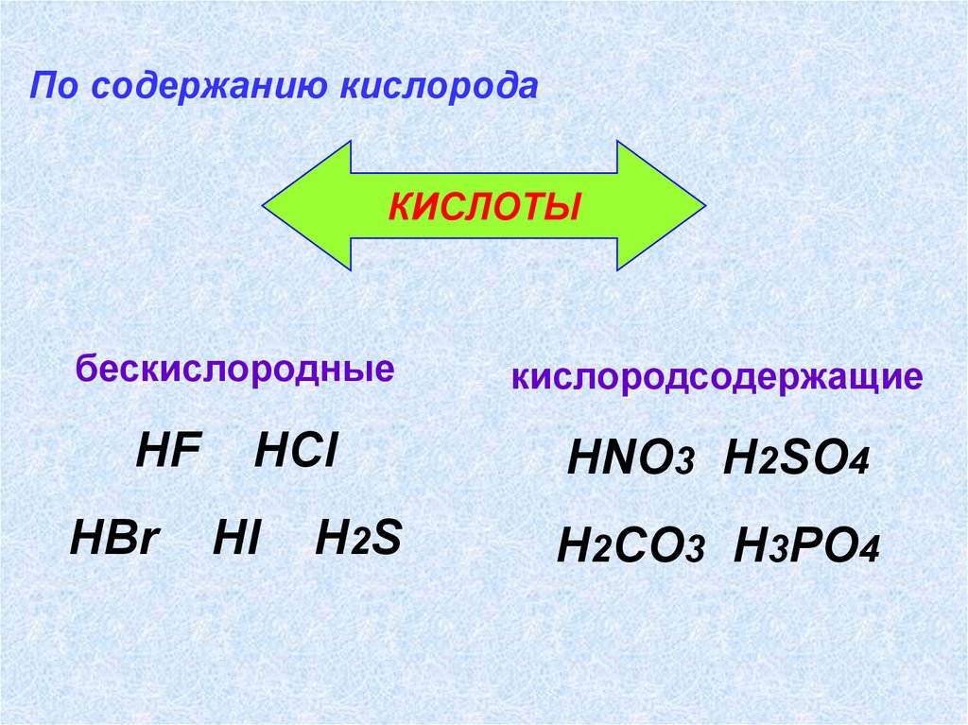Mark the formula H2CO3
631,547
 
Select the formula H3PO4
806,547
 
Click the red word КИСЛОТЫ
483,206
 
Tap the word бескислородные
235,369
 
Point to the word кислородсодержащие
717,379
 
